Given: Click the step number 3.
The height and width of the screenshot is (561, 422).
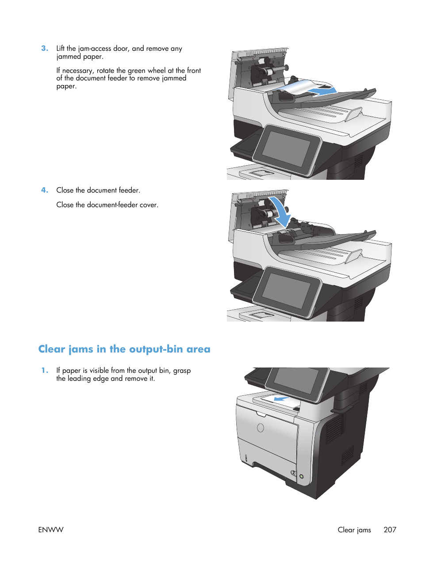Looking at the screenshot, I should (44, 49).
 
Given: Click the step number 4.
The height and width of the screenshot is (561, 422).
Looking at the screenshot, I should (44, 190).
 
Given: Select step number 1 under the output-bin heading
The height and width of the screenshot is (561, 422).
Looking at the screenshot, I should (44, 371).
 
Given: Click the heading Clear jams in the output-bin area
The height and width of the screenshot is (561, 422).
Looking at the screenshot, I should (124, 349).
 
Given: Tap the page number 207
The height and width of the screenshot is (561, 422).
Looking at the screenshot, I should (390, 530).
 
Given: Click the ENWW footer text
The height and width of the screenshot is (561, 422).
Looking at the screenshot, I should (51, 530).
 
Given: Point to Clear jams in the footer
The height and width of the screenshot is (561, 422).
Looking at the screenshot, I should (354, 530).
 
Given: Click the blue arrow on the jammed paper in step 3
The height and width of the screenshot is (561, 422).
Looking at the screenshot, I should (321, 91).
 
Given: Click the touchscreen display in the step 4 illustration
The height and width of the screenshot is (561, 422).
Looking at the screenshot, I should (287, 290).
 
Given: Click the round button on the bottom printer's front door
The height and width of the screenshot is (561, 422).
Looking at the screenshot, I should (261, 428).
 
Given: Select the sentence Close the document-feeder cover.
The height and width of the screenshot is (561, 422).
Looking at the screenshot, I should (107, 205).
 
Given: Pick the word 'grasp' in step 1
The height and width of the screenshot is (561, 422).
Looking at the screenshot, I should (182, 371).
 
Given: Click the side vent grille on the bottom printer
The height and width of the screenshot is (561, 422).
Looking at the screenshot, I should (334, 428).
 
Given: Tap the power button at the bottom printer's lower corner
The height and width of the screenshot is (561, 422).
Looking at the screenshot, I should (302, 477).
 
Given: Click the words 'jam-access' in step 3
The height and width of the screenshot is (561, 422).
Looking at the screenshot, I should (95, 49).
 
